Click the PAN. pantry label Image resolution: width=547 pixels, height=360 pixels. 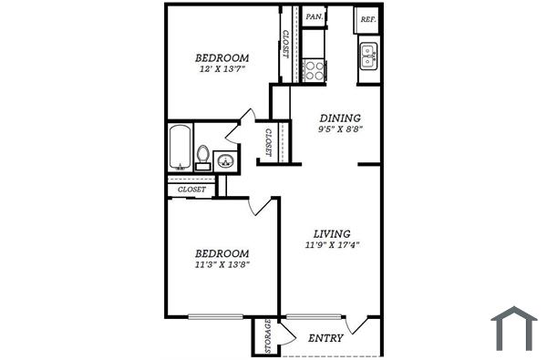coord(315,17)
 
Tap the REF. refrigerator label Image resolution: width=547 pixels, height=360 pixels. coord(368,19)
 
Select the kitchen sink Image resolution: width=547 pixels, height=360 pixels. coord(367,57)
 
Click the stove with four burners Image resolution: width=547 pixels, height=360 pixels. coord(315,69)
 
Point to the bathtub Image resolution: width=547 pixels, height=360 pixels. coord(180,148)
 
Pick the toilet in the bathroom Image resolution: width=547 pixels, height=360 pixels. coord(203,156)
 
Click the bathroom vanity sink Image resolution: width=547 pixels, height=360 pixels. coord(225,162)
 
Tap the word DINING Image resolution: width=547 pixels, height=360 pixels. coord(339,118)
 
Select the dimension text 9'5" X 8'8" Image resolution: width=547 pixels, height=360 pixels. coord(339,130)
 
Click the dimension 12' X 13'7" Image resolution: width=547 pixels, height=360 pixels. coord(222,69)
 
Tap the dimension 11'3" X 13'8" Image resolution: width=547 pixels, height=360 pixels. coord(222,264)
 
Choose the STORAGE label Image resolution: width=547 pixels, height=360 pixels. coord(267,336)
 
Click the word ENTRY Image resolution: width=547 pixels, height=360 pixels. coord(325,338)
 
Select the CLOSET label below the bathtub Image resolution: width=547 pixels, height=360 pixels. coord(191,189)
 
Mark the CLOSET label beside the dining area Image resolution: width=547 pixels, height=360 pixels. coord(268,143)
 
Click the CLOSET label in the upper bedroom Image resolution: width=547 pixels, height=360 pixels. coord(285,44)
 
